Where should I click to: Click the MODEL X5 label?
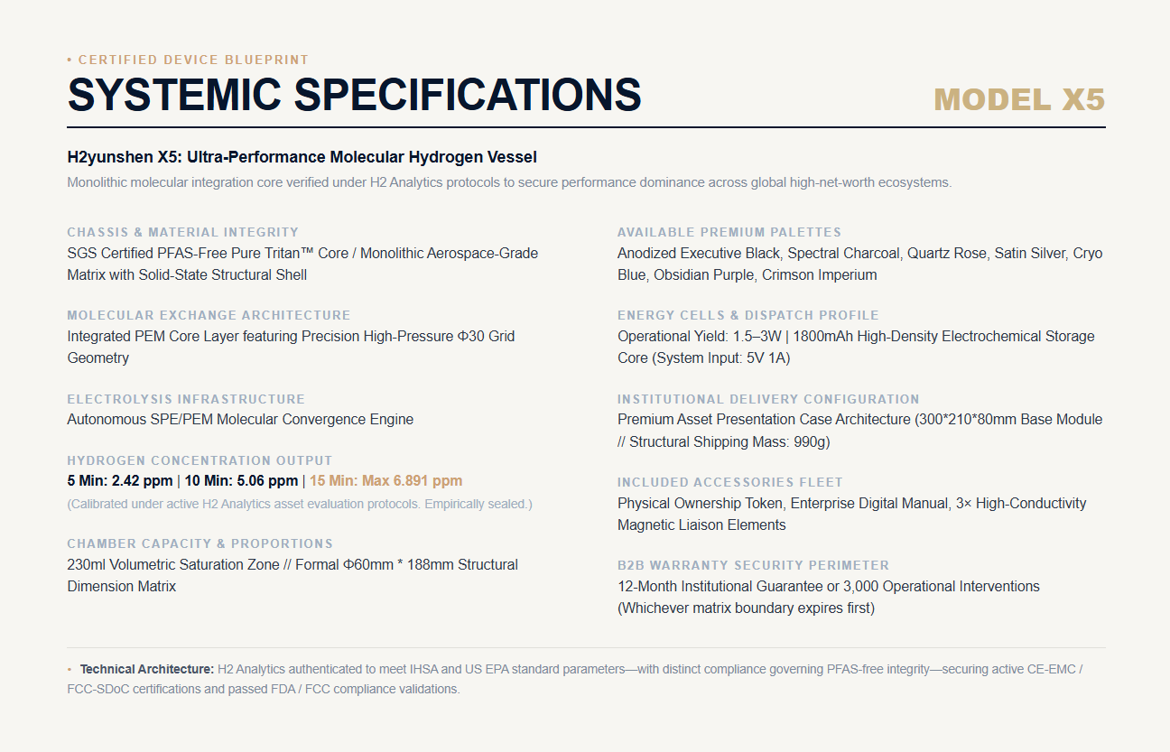click(1019, 99)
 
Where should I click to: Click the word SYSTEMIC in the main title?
click(174, 95)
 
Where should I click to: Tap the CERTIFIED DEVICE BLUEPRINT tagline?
click(193, 60)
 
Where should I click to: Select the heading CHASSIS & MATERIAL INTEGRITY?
click(182, 232)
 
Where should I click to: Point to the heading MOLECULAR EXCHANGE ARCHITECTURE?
click(209, 315)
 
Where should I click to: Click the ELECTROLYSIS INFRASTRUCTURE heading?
click(186, 399)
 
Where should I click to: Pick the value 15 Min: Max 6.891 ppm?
click(386, 480)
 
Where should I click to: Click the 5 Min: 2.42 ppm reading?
click(120, 480)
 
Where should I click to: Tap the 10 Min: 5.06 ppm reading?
click(241, 480)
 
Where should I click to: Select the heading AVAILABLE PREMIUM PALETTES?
click(729, 232)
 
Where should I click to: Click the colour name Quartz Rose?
click(946, 254)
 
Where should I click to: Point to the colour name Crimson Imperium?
click(819, 274)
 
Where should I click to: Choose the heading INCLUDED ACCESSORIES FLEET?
click(730, 482)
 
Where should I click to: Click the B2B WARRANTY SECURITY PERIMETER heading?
click(753, 565)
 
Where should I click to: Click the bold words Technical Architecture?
click(147, 669)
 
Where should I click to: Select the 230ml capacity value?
click(86, 564)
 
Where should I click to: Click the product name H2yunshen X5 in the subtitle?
click(125, 157)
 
